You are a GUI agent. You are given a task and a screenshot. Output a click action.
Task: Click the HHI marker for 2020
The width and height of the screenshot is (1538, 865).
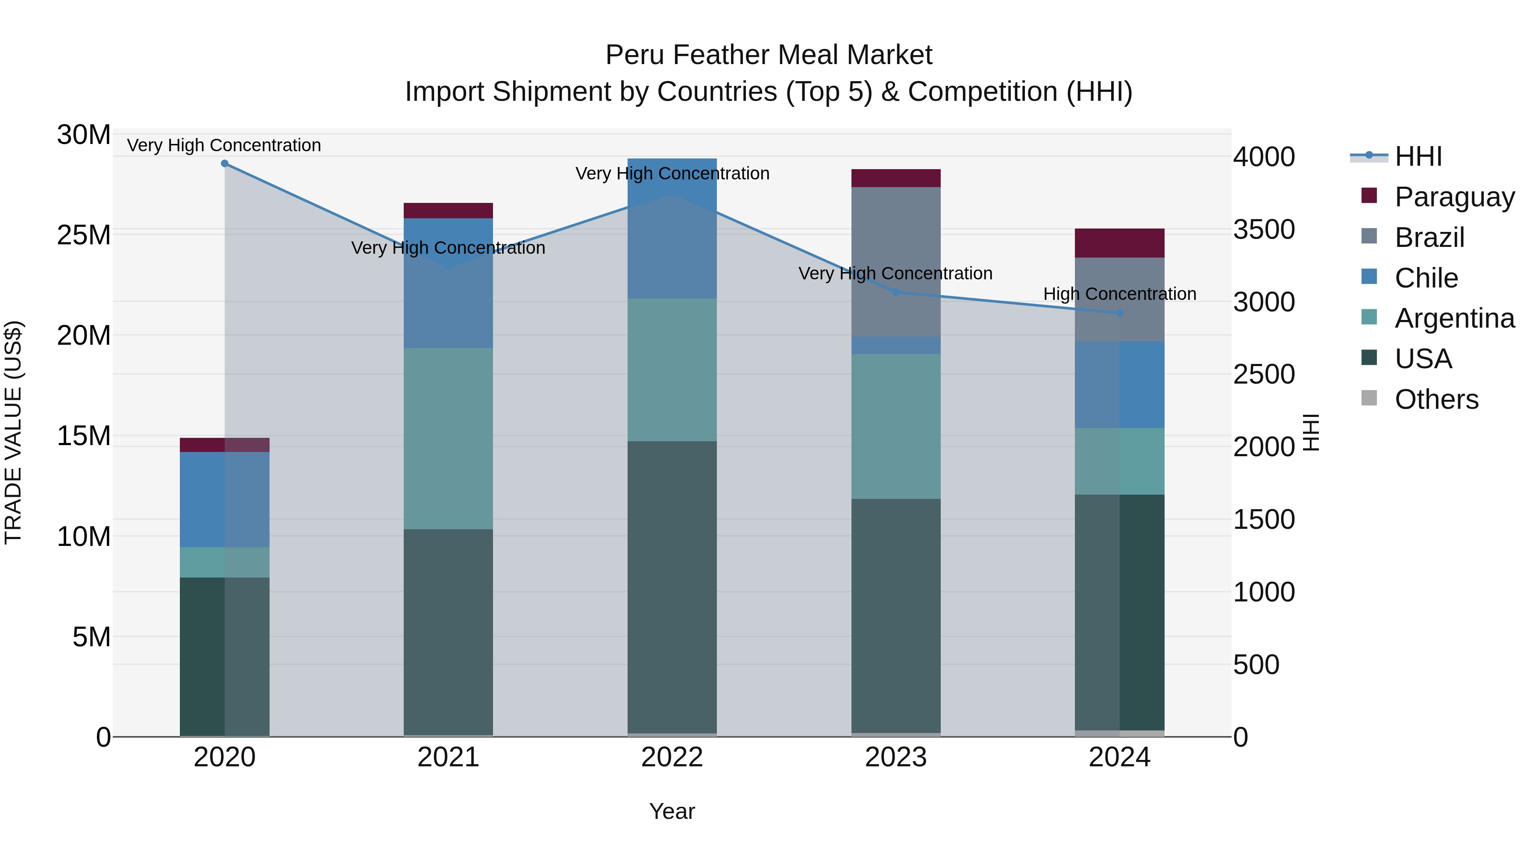224,164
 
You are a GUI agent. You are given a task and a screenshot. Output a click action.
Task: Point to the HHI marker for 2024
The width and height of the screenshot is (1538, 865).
1119,313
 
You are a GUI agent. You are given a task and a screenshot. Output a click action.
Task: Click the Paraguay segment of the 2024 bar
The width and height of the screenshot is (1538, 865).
1119,243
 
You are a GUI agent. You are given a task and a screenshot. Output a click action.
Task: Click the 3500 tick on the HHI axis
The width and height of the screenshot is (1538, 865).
1264,230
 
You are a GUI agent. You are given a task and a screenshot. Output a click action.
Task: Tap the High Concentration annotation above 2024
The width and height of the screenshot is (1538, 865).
1119,294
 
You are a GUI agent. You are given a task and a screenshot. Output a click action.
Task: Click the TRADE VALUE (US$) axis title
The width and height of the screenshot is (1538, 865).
13,432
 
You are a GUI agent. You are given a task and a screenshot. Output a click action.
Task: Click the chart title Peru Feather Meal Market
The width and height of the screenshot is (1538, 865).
769,55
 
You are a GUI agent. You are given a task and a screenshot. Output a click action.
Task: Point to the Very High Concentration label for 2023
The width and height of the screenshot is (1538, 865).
895,273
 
